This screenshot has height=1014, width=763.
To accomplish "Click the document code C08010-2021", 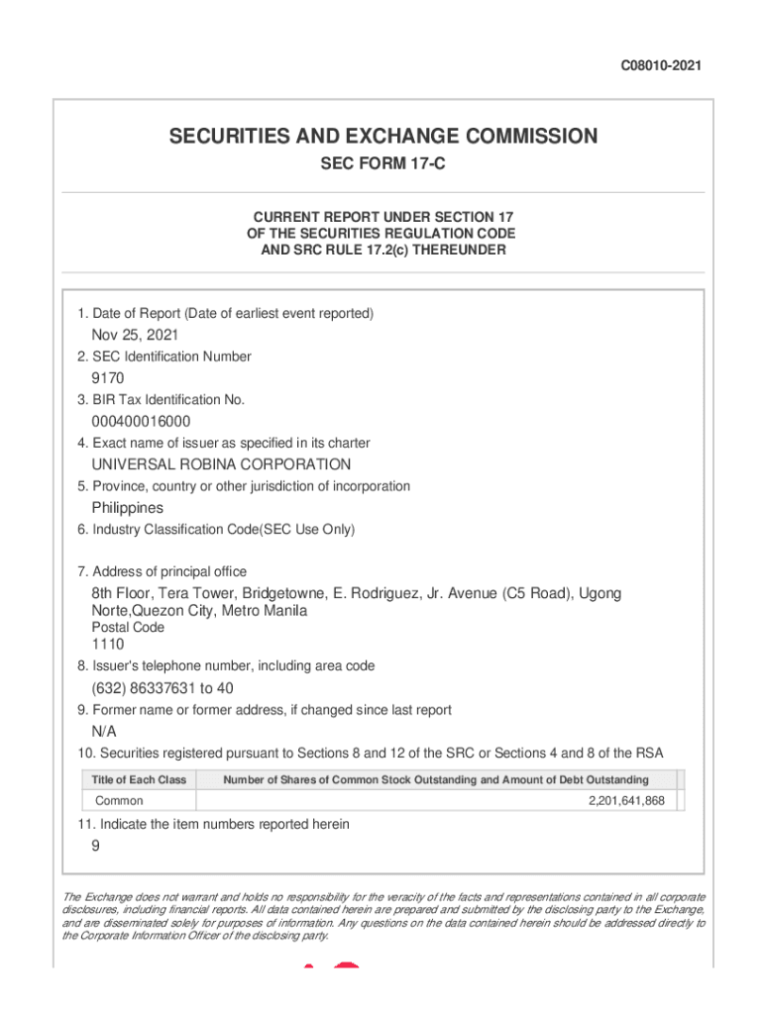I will [661, 66].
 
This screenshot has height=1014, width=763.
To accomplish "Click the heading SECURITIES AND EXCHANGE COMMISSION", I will [382, 137].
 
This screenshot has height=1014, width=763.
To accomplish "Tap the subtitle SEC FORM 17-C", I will [382, 164].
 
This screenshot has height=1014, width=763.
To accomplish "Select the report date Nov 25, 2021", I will [135, 335].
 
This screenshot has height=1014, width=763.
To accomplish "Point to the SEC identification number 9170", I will [108, 378].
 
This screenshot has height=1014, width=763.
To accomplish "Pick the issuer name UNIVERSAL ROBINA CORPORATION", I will [221, 464].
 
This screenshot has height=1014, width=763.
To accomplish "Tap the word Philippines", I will [128, 508].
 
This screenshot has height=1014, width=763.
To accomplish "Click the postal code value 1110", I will [108, 645].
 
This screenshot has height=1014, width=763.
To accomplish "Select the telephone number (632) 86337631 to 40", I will [163, 688].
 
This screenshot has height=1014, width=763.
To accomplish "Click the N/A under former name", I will [104, 732].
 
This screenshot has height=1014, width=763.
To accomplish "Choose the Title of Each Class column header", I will [139, 780].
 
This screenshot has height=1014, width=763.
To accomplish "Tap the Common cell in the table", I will [119, 801].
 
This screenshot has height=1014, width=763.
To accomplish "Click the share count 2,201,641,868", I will [626, 801].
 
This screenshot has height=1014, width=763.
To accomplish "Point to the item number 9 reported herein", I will [96, 846].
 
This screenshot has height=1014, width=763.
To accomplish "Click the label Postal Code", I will [128, 628].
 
